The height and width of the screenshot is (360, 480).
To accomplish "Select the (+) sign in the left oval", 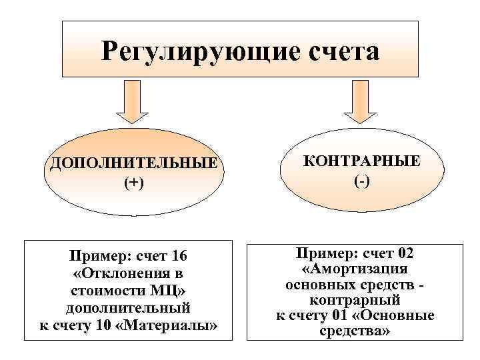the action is coord(131,183).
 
